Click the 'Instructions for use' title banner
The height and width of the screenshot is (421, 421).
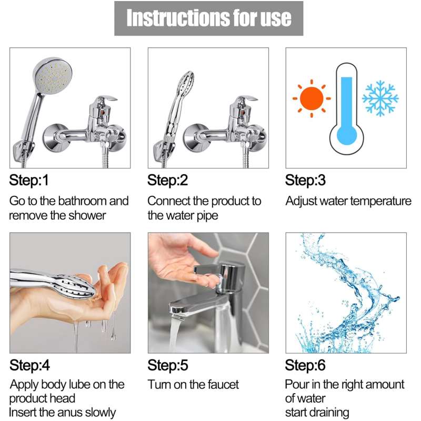click(x=209, y=18)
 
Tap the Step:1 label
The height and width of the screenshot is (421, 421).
click(x=29, y=181)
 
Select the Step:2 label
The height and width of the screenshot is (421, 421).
click(x=167, y=181)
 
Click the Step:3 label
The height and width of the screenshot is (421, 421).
click(x=305, y=181)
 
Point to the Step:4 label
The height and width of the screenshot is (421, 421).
click(x=29, y=365)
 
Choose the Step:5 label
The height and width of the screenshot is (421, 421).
click(x=167, y=365)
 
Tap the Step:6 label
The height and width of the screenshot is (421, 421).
click(x=305, y=365)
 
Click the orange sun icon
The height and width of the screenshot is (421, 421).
click(x=312, y=98)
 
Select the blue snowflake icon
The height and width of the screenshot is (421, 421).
click(x=380, y=98)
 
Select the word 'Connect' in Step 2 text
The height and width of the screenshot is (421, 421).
click(x=166, y=201)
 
